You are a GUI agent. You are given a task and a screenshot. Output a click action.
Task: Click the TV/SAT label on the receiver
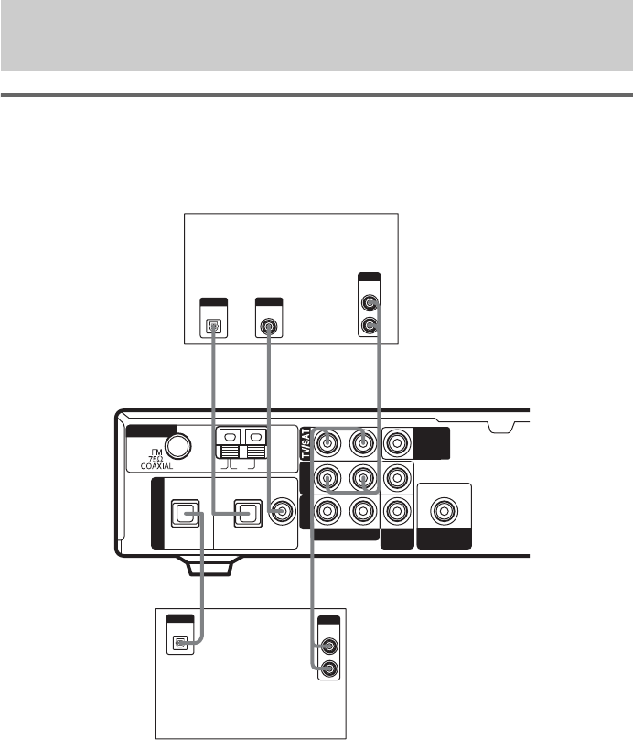[x=306, y=443]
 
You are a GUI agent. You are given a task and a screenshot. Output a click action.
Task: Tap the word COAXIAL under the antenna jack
[x=156, y=466]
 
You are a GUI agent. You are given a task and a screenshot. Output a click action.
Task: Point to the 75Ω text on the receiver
[x=156, y=459]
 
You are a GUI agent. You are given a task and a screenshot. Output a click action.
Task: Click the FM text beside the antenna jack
[x=156, y=452]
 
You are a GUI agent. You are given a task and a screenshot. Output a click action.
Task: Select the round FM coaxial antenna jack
[x=178, y=445]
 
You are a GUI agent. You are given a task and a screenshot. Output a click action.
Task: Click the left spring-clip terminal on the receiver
[x=231, y=443]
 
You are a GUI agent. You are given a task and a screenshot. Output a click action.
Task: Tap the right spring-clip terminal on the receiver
[x=256, y=443]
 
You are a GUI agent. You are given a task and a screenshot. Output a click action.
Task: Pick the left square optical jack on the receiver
[x=185, y=513]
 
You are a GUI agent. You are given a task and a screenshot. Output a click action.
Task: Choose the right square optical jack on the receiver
[x=248, y=513]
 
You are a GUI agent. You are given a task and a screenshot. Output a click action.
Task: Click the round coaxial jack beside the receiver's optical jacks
[x=282, y=511]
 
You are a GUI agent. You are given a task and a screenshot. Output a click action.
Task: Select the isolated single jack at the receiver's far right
[x=444, y=511]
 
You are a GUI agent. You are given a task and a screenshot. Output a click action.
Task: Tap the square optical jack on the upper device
[x=214, y=326]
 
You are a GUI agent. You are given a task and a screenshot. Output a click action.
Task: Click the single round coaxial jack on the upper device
[x=269, y=326]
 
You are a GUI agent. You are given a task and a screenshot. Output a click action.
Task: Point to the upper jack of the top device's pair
[x=370, y=302]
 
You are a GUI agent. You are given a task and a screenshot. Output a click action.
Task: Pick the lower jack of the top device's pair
[x=370, y=325]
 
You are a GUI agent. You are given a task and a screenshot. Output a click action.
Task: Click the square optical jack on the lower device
[x=180, y=643]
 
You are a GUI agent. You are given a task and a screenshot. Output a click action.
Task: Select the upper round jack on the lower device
[x=329, y=645]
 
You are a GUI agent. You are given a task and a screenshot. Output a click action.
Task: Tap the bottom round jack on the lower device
[x=329, y=669]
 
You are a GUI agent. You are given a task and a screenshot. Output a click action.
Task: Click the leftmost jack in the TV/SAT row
[x=327, y=443]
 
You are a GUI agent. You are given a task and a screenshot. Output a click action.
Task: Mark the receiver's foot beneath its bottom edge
[x=209, y=566]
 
